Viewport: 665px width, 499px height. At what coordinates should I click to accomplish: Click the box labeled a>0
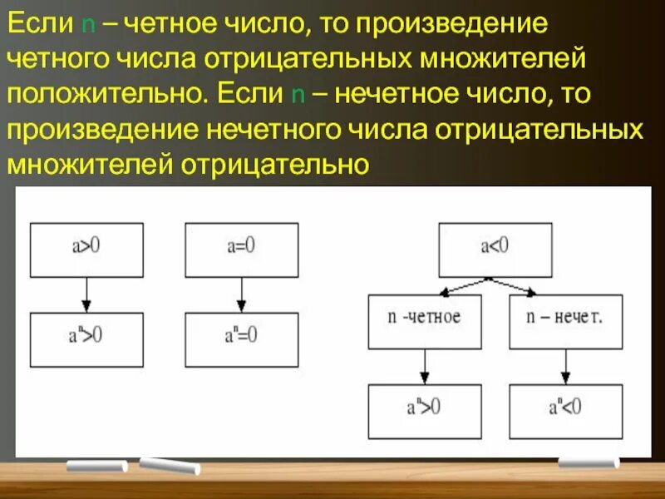tap(86, 249)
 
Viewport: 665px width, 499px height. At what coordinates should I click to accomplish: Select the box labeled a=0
tap(241, 249)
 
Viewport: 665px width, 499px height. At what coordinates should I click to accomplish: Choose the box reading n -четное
tap(424, 322)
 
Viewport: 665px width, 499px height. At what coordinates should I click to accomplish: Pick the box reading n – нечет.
tap(565, 322)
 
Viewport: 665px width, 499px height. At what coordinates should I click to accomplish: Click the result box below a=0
tap(241, 339)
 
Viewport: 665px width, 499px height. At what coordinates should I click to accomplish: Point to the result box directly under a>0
tap(86, 339)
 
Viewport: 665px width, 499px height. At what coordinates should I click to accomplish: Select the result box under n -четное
tap(424, 411)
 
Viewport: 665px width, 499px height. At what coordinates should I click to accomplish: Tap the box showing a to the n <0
tap(565, 411)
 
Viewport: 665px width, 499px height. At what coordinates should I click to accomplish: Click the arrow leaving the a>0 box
tap(86, 294)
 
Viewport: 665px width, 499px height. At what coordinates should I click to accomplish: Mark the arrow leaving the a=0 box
tap(241, 294)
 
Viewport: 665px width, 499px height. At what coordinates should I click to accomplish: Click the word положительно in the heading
tap(103, 93)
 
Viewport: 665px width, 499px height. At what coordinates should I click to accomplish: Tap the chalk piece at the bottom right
tap(589, 462)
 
